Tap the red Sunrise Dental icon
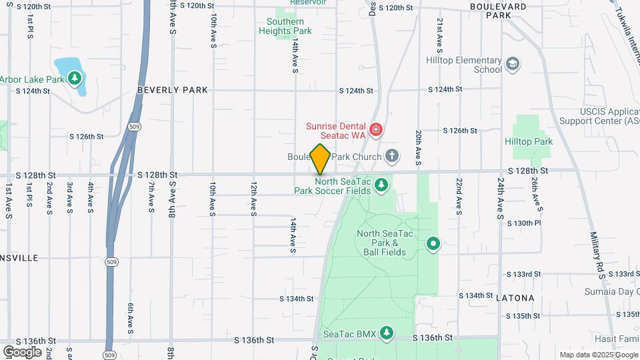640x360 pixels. [375, 129]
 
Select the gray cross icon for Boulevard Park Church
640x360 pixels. [393, 157]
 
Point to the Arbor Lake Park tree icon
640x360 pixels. [75, 79]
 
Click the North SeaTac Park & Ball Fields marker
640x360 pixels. [433, 244]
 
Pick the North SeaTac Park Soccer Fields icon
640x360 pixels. [381, 185]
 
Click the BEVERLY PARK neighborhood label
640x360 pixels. [173, 89]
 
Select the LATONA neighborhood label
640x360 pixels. [516, 298]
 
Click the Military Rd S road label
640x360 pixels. [595, 253]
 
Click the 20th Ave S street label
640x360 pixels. [418, 147]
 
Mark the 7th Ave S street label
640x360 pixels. [151, 199]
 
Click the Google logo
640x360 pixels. [22, 351]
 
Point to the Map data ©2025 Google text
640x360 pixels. [598, 355]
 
